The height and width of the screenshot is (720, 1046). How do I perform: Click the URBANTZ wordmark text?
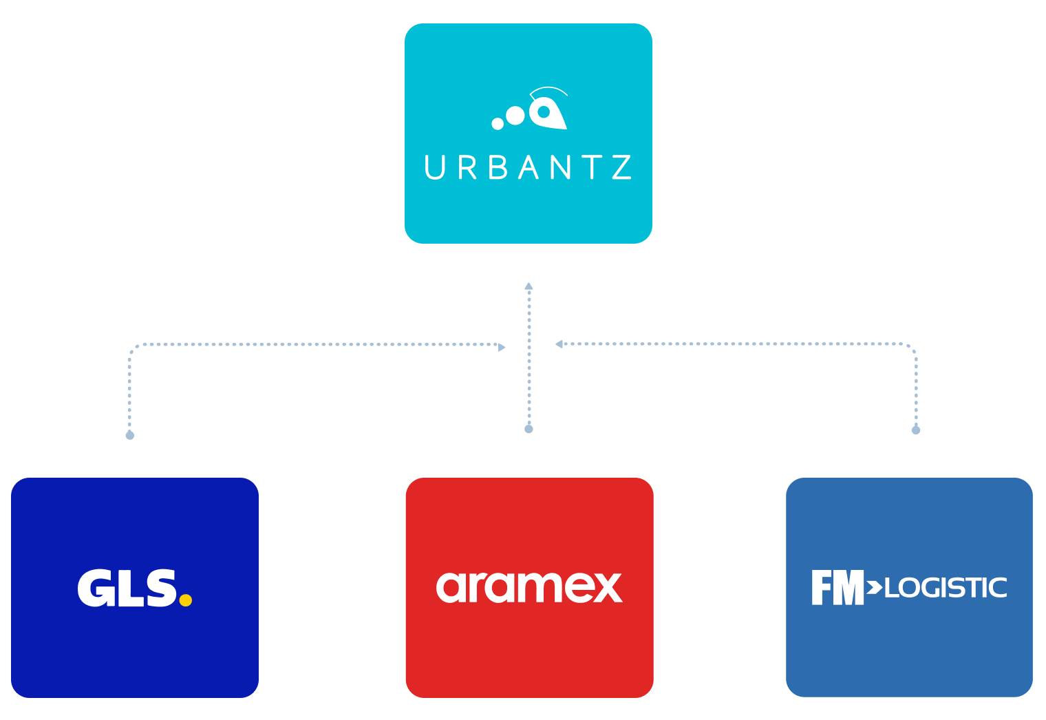pyautogui.click(x=528, y=168)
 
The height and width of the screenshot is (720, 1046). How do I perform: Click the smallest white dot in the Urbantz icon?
pyautogui.click(x=498, y=124)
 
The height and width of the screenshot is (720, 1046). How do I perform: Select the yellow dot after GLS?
pyautogui.click(x=185, y=600)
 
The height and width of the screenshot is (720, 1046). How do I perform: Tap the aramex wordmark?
pyautogui.click(x=529, y=587)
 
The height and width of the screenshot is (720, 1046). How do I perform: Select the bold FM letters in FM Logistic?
pyautogui.click(x=837, y=588)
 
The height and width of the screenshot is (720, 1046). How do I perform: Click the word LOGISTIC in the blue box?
pyautogui.click(x=946, y=589)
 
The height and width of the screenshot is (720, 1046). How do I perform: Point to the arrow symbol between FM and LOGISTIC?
pyautogui.click(x=874, y=587)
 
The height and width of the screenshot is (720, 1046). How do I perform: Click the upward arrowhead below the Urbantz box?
pyautogui.click(x=529, y=286)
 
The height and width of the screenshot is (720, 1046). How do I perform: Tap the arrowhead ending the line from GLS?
pyautogui.click(x=502, y=347)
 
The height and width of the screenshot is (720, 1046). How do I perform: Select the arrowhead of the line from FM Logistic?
pyautogui.click(x=559, y=343)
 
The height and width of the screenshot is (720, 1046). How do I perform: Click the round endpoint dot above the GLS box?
pyautogui.click(x=129, y=435)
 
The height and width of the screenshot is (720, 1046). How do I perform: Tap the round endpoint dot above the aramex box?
pyautogui.click(x=529, y=429)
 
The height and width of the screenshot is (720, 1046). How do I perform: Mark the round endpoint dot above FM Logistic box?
pyautogui.click(x=915, y=430)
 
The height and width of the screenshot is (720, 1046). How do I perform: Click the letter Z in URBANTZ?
pyautogui.click(x=621, y=168)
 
